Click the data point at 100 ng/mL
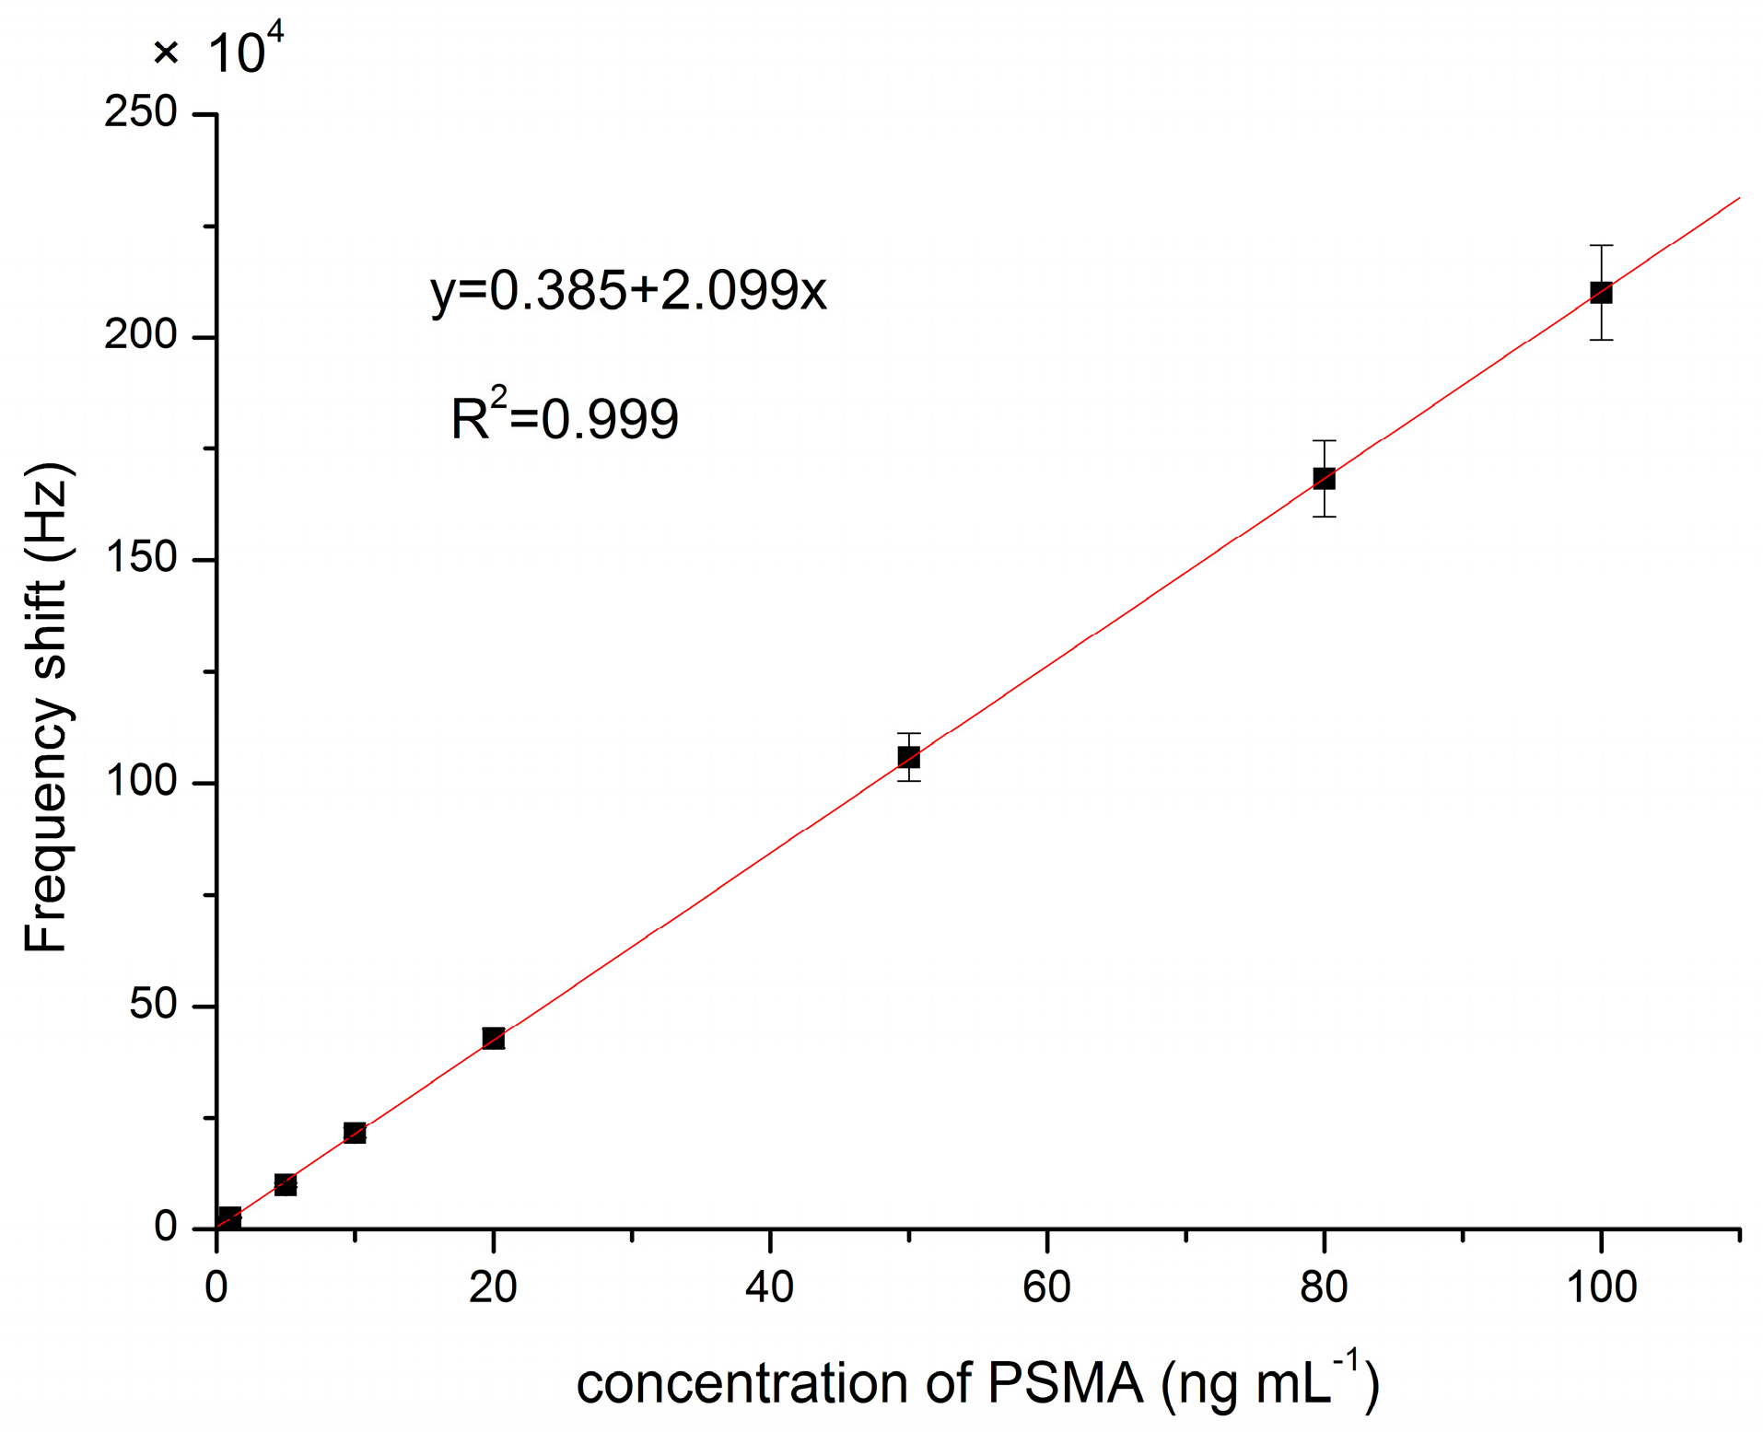point(1601,293)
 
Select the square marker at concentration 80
point(1324,478)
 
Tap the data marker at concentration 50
point(908,757)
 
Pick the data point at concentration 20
point(493,1038)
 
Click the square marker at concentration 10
point(355,1133)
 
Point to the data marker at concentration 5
point(286,1184)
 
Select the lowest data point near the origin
point(229,1218)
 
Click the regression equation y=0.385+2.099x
point(628,290)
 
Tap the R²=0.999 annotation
point(564,417)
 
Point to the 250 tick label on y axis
point(140,112)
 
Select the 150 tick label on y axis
point(140,558)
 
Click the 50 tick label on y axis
point(152,1004)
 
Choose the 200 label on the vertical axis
point(140,335)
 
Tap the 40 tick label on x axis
point(769,1287)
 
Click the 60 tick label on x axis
point(1046,1287)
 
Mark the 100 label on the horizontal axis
point(1601,1287)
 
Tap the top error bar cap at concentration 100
point(1601,246)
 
